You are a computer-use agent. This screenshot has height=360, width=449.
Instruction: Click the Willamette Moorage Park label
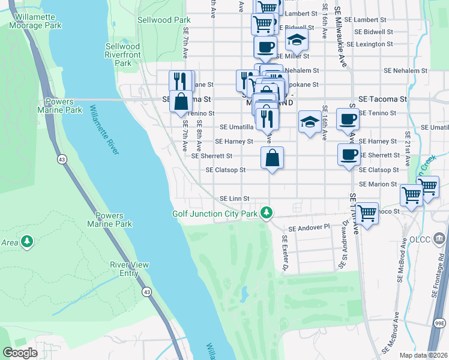point(36,21)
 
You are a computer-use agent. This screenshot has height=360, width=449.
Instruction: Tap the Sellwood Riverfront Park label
point(122,55)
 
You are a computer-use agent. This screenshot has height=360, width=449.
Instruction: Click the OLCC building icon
point(439,239)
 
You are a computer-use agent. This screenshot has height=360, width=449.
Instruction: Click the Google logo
point(20,352)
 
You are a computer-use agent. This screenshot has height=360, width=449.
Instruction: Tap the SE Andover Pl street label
point(309,228)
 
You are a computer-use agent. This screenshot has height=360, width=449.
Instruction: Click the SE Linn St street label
point(234,199)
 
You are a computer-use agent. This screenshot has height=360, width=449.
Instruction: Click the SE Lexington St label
point(374,44)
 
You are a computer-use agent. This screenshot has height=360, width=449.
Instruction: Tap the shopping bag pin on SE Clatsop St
point(272,158)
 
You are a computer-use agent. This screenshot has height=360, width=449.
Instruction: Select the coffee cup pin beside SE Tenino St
point(348,119)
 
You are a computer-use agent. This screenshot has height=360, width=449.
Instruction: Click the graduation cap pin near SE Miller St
point(297,41)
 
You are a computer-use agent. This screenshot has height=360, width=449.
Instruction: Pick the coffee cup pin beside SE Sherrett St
point(349,155)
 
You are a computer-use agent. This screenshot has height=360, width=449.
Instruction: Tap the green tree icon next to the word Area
point(26,241)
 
